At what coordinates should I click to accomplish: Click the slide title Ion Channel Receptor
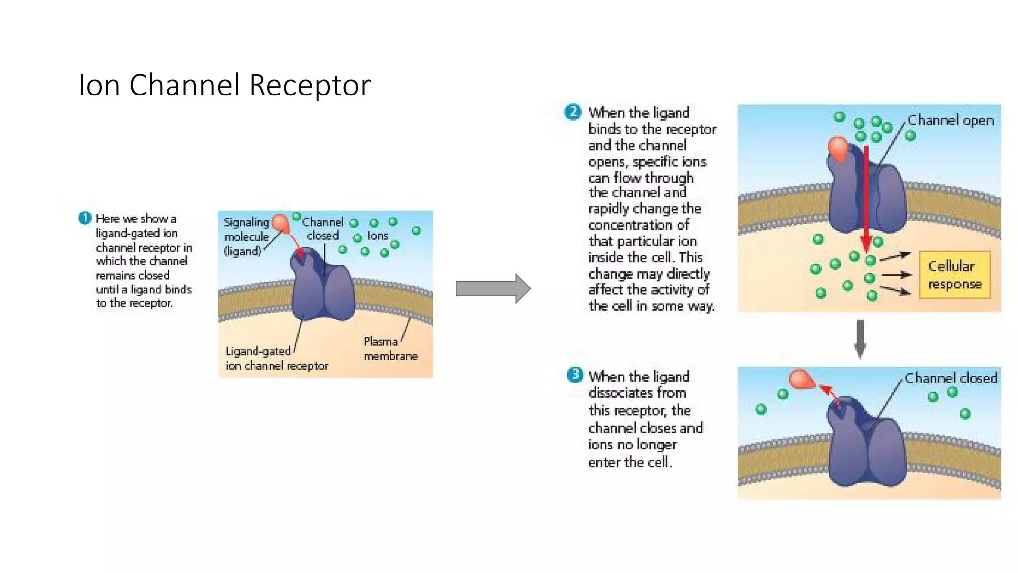(x=224, y=85)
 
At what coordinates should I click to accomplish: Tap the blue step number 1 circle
(x=85, y=218)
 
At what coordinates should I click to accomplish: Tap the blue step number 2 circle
(x=573, y=112)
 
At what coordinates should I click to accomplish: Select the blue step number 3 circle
(x=575, y=375)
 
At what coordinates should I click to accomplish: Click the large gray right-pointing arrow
(x=493, y=288)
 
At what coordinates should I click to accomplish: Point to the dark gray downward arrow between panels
(x=860, y=339)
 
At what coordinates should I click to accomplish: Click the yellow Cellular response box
(x=954, y=275)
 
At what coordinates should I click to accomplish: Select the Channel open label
(x=950, y=120)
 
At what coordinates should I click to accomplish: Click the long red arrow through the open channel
(x=866, y=199)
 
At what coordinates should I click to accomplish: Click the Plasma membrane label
(x=390, y=348)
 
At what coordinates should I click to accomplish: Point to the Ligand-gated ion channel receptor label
(x=276, y=358)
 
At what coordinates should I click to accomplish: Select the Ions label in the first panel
(x=377, y=236)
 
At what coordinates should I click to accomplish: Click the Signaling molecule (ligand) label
(x=246, y=236)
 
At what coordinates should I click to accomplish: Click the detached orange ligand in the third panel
(x=801, y=379)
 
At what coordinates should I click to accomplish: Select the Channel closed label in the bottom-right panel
(x=950, y=378)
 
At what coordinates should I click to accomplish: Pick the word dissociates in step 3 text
(x=637, y=393)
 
